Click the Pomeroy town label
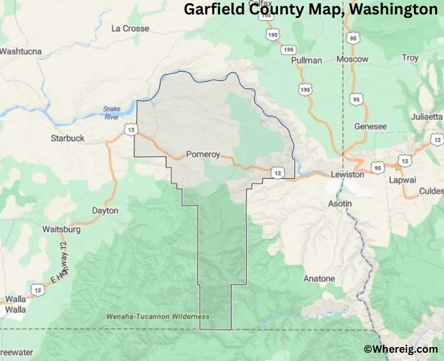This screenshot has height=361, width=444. (x=203, y=154)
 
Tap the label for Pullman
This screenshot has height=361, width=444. (x=306, y=61)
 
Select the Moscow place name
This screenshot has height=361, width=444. (x=353, y=59)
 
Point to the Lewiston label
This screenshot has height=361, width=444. (x=347, y=174)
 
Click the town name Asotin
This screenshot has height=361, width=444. (x=340, y=203)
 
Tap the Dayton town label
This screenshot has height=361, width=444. (x=105, y=211)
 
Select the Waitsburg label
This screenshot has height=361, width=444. (x=62, y=229)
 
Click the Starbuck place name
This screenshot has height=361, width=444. (x=68, y=138)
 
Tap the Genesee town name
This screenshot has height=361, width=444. (x=370, y=126)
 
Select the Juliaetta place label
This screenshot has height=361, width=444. (x=427, y=117)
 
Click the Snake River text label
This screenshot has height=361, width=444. (x=112, y=113)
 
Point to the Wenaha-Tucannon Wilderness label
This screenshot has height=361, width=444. (x=158, y=317)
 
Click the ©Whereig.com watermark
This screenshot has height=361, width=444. (x=401, y=349)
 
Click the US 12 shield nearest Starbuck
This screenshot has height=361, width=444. (x=130, y=130)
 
